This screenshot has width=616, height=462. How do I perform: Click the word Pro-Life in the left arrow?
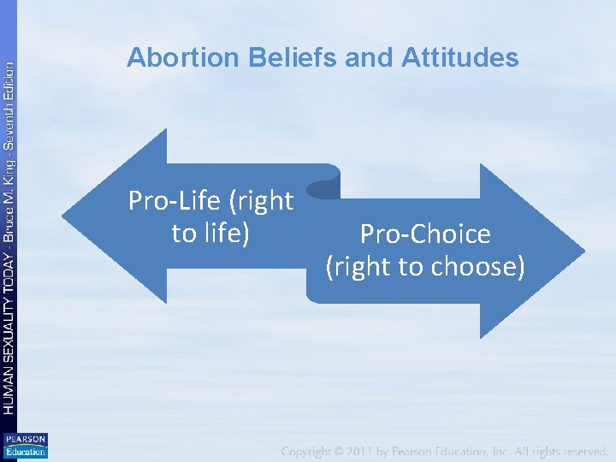(x=175, y=201)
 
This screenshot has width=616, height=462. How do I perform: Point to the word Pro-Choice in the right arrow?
(x=425, y=234)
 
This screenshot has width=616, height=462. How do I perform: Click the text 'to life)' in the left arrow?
(x=210, y=233)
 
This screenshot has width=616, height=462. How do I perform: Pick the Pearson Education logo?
(x=26, y=445)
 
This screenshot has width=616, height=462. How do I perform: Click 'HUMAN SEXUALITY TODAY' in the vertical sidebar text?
(x=8, y=335)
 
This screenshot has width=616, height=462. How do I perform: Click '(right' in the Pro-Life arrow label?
(x=261, y=201)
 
